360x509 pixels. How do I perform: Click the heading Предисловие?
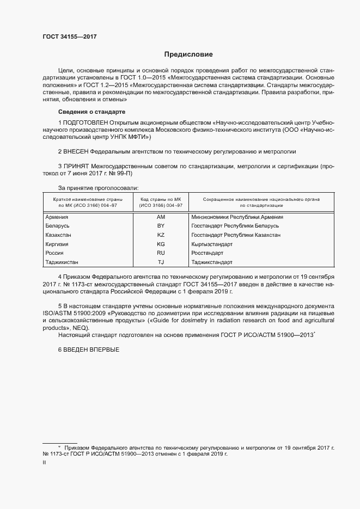(x=189, y=54)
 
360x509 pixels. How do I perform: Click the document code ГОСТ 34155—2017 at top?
(x=70, y=38)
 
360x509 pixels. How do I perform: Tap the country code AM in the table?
(x=161, y=217)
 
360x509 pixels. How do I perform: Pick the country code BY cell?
(x=161, y=226)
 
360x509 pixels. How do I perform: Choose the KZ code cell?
(x=161, y=235)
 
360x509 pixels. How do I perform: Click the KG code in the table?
(x=161, y=244)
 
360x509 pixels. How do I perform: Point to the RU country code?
(x=161, y=253)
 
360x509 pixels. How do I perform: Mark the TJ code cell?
(x=161, y=262)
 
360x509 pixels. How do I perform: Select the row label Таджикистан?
(x=64, y=262)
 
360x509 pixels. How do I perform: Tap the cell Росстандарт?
(x=208, y=253)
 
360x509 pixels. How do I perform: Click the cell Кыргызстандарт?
(x=212, y=244)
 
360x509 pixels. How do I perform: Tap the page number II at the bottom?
(x=44, y=462)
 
